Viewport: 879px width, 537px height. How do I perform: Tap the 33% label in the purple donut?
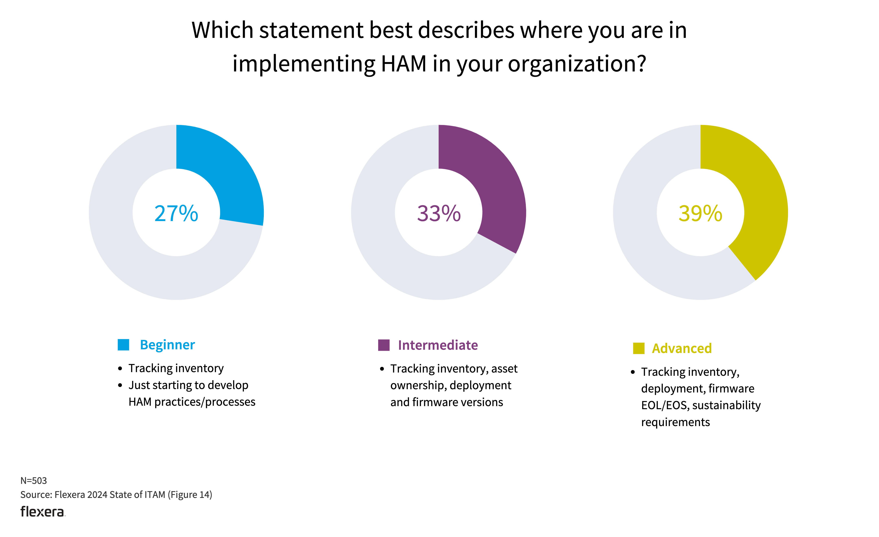coord(438,213)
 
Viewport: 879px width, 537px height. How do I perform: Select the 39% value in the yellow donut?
coord(700,213)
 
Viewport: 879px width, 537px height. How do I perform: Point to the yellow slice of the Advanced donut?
coord(760,200)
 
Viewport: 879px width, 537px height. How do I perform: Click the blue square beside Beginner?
coord(123,345)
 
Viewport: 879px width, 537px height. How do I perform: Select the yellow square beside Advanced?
coord(639,348)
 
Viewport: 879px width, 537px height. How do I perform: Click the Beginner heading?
coord(167,345)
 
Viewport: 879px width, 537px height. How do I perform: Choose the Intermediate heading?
coord(438,345)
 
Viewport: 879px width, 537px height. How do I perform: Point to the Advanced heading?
coord(682,348)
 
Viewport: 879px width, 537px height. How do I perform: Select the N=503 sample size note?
coord(34,481)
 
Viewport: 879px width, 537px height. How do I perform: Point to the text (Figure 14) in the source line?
coord(190,494)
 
